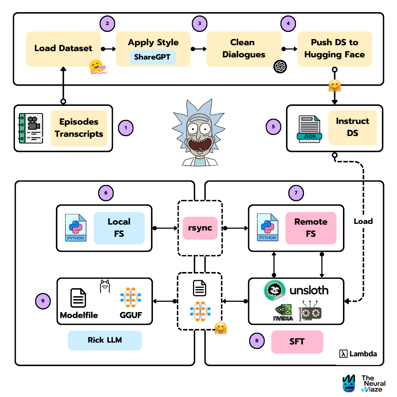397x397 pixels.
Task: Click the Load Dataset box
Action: click(x=63, y=49)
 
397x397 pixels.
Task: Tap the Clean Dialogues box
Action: click(x=243, y=49)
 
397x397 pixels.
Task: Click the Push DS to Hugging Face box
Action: click(x=334, y=49)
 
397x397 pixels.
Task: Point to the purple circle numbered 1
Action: click(x=126, y=128)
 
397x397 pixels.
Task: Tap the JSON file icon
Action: click(x=310, y=129)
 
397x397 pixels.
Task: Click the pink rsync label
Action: click(x=200, y=228)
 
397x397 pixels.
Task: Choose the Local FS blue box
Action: click(x=119, y=228)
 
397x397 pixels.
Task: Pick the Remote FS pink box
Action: click(x=311, y=228)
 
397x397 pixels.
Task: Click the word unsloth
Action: click(x=309, y=290)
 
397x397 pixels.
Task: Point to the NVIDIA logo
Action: click(x=283, y=312)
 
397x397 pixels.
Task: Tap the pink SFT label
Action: click(x=297, y=341)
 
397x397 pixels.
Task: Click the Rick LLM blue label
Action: click(x=105, y=340)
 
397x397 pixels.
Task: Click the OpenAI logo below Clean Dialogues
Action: click(x=280, y=67)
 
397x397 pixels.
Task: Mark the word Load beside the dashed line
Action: click(x=363, y=221)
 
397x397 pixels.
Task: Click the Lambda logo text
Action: click(x=358, y=354)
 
